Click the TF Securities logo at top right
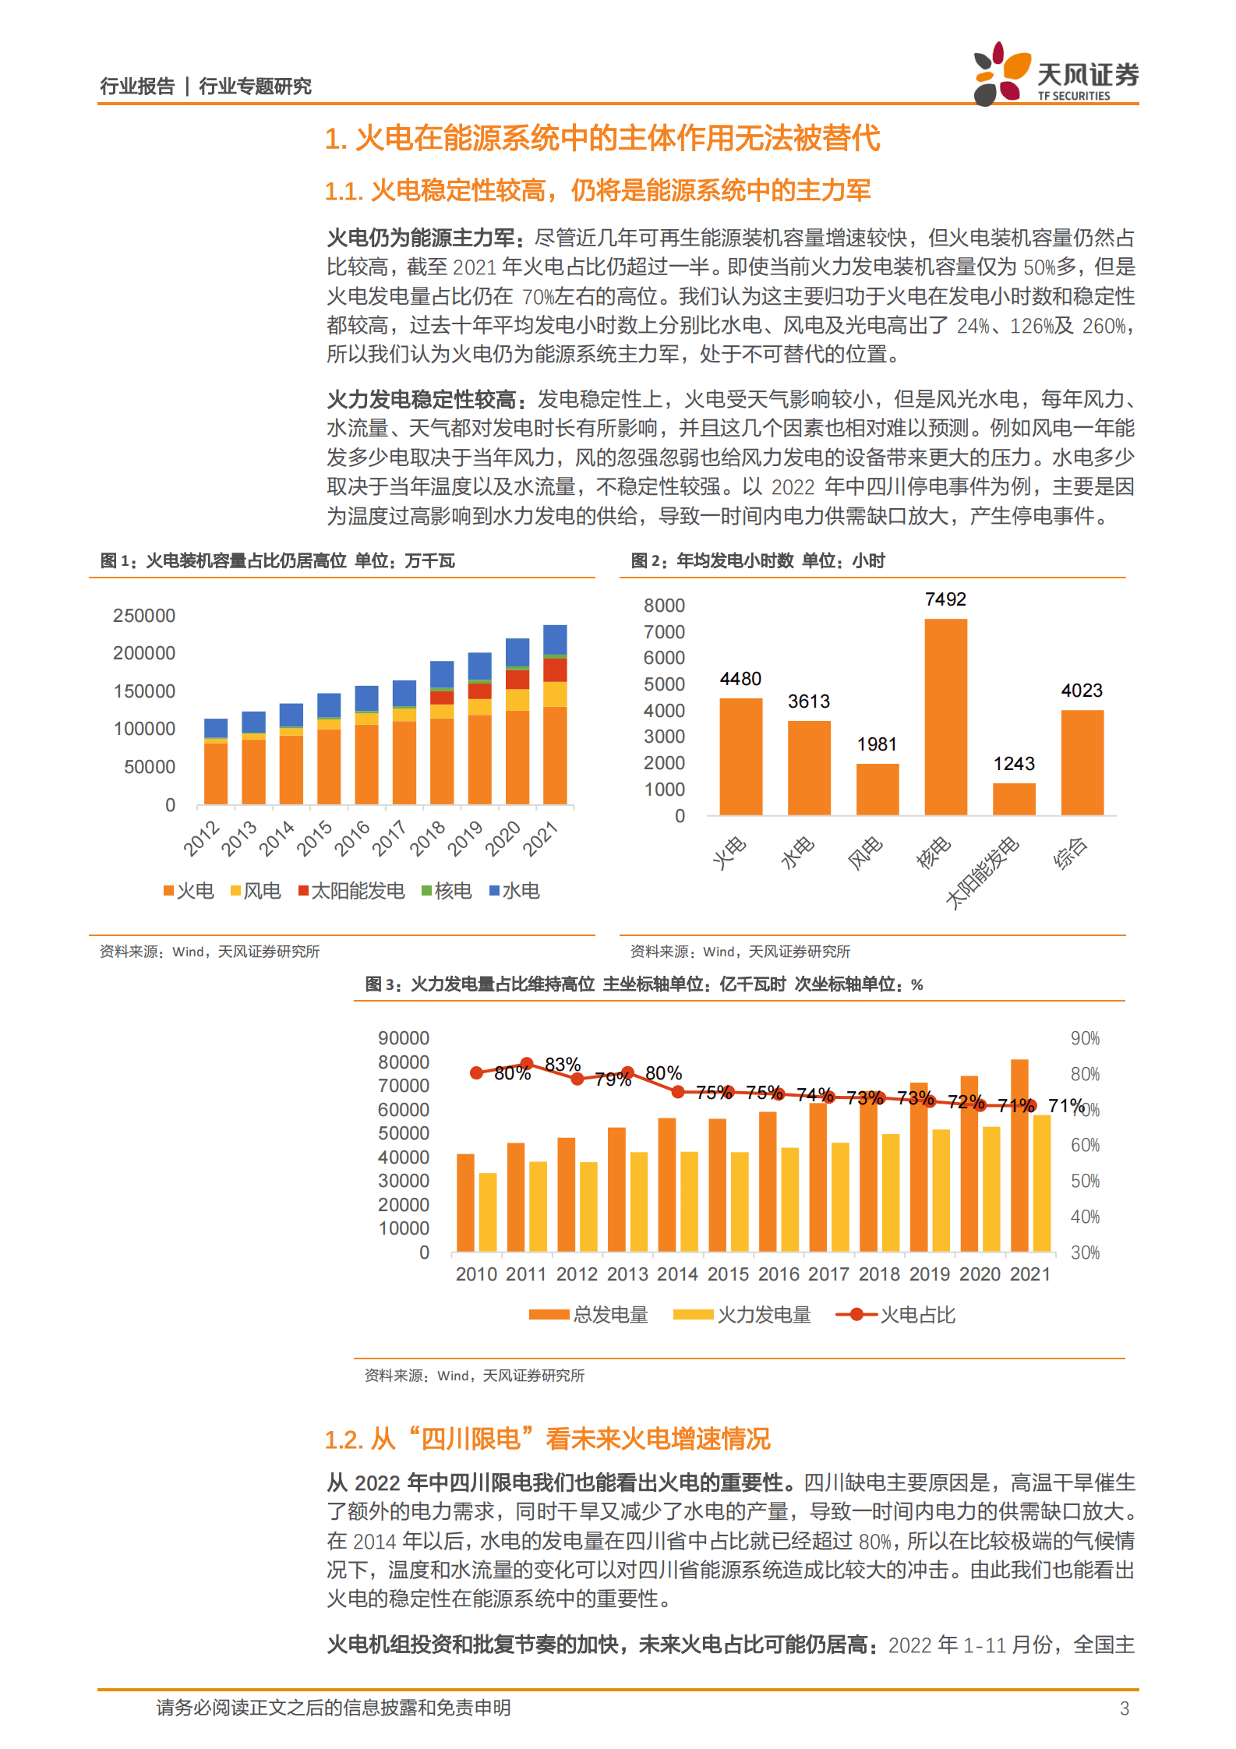pos(1055,74)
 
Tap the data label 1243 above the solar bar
pos(1013,764)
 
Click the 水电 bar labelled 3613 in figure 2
pos(808,767)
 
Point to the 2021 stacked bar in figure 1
pos(555,713)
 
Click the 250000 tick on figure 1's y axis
pos(144,616)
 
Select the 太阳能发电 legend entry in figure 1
pos(351,891)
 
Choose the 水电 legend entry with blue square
pos(514,891)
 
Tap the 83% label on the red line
pos(562,1065)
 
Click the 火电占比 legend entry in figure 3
pos(896,1315)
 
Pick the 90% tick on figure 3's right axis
pos(1085,1038)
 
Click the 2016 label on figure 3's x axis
pos(779,1274)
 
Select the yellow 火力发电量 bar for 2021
pos(1042,1182)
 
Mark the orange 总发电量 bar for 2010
pos(465,1202)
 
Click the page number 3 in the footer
pos(1124,1708)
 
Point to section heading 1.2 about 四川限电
pos(547,1439)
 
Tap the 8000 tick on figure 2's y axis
pos(664,606)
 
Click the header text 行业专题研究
pos(255,86)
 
